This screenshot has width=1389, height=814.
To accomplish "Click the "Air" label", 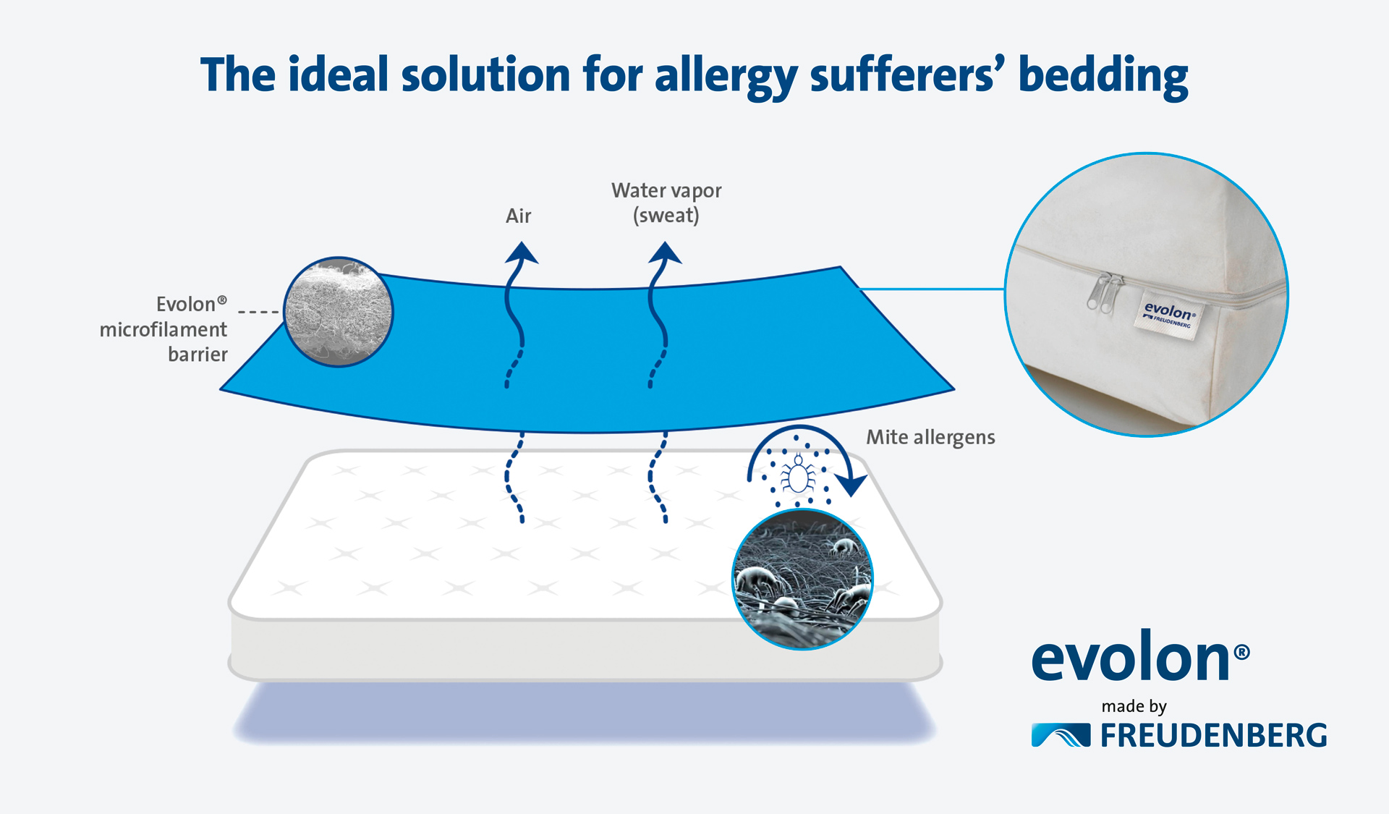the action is click(x=518, y=216).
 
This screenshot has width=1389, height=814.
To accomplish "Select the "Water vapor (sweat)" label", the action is click(x=666, y=203).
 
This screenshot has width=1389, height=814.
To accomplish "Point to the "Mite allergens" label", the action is click(x=930, y=437).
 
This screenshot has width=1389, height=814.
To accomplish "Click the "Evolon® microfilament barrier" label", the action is click(x=163, y=329).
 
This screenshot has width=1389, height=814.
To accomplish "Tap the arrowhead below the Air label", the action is click(x=521, y=253).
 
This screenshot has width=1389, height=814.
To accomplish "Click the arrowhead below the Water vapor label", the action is click(x=665, y=253).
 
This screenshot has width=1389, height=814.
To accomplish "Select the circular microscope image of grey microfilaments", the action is click(x=338, y=312).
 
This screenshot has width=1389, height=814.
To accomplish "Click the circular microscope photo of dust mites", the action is click(x=802, y=579).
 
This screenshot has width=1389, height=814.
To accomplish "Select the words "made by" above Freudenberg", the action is click(x=1134, y=706).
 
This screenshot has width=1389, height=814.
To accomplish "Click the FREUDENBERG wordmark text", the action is click(x=1214, y=736).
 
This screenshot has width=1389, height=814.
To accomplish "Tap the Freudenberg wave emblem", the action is click(x=1061, y=735).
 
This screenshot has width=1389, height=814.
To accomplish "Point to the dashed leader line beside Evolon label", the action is click(x=259, y=312).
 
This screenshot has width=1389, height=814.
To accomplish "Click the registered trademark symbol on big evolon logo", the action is click(x=1241, y=652).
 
